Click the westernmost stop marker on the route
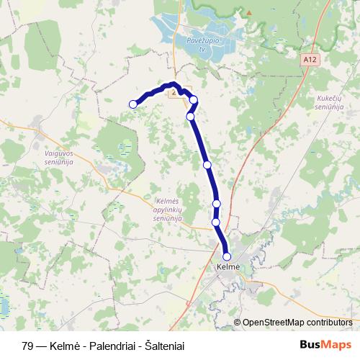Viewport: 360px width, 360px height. coord(133,104)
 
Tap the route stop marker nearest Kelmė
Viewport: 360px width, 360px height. coord(227,256)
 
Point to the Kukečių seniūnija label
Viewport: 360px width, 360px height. coord(328,102)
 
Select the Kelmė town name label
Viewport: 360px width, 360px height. coord(227,268)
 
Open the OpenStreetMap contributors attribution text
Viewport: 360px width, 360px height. coord(297,322)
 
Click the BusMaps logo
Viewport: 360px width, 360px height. coord(326,345)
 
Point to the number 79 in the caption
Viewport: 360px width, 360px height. coord(27,346)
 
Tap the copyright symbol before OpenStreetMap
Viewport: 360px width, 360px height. coord(237,322)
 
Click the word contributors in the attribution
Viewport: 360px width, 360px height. coord(328,322)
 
